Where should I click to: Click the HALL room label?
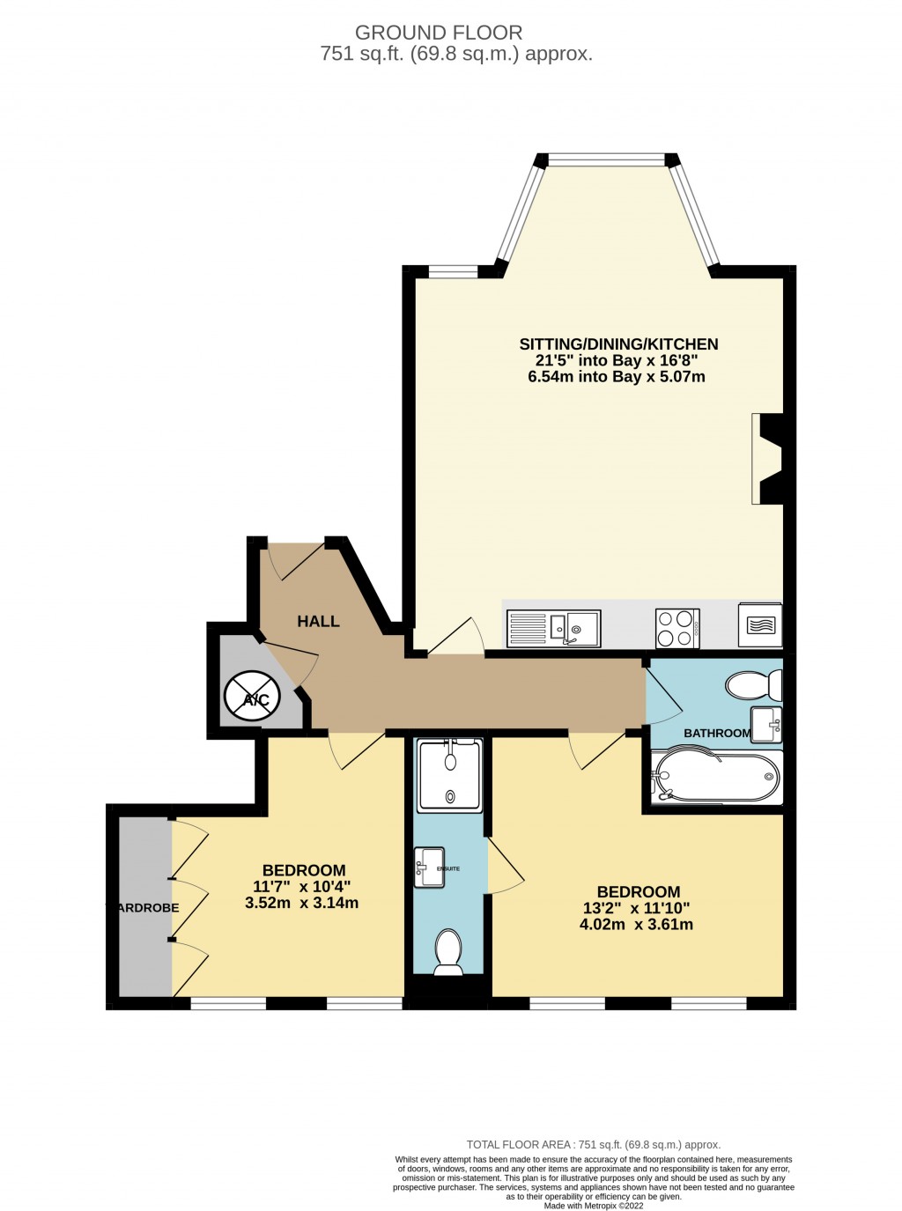click(318, 621)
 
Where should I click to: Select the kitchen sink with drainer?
click(552, 628)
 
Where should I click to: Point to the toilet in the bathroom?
click(754, 685)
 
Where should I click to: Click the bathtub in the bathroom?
click(715, 776)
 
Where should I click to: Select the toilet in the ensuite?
click(448, 952)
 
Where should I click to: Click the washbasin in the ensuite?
click(429, 868)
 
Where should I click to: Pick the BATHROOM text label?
click(717, 733)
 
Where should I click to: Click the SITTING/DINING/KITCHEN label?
click(618, 344)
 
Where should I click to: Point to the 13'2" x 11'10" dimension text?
click(636, 908)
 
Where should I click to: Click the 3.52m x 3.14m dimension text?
click(301, 903)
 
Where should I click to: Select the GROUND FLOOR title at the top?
click(439, 33)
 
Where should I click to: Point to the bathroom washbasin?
click(765, 724)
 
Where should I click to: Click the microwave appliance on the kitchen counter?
click(759, 625)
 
